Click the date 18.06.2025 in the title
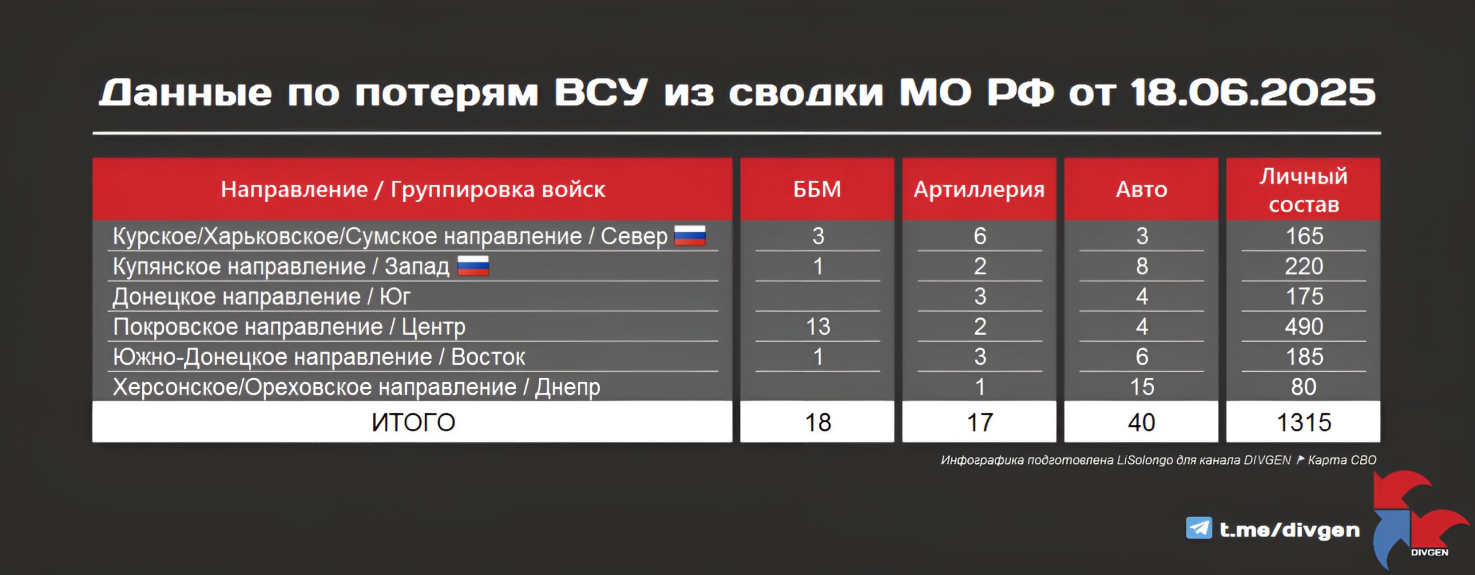tap(1253, 93)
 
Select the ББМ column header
tap(817, 189)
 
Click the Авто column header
tap(1141, 189)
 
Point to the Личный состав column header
tap(1303, 190)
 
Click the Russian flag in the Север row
tap(690, 236)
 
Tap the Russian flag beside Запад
tap(473, 266)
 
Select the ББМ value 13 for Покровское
tap(818, 327)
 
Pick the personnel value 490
tap(1304, 327)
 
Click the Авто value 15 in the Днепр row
tap(1141, 387)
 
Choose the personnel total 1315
tap(1304, 422)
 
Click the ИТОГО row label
tap(413, 422)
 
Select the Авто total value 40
tap(1141, 422)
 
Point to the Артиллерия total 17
tap(979, 422)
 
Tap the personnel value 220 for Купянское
tap(1304, 266)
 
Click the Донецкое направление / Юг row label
tap(262, 297)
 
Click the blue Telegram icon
tap(1199, 528)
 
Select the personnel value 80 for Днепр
tap(1304, 387)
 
